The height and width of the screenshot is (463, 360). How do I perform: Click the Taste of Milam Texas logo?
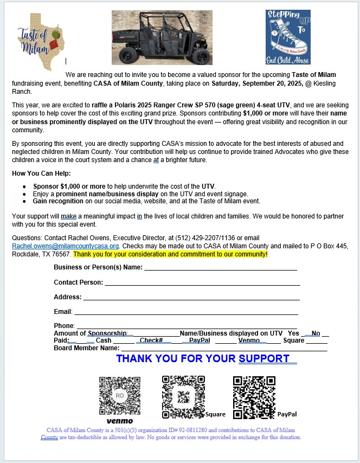(x=41, y=40)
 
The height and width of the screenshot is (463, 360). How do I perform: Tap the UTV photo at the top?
(x=162, y=37)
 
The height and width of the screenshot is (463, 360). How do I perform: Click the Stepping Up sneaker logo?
(x=288, y=37)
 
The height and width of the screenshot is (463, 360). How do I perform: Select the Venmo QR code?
(x=119, y=395)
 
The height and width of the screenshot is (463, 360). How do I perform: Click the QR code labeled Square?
(x=183, y=395)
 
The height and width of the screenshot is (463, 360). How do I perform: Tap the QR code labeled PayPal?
(x=254, y=395)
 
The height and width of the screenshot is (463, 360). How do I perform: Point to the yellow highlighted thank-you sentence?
(x=170, y=254)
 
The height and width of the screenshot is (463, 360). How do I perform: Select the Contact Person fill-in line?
(x=202, y=283)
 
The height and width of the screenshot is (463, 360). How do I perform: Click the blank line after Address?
(x=191, y=298)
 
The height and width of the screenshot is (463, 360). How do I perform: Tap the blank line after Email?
(x=186, y=312)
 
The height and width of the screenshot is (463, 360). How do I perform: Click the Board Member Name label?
(x=86, y=348)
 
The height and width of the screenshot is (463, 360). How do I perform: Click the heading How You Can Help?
(x=42, y=173)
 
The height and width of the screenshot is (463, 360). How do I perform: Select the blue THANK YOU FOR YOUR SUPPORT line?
(x=206, y=358)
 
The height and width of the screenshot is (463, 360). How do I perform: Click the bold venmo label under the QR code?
(x=119, y=421)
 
